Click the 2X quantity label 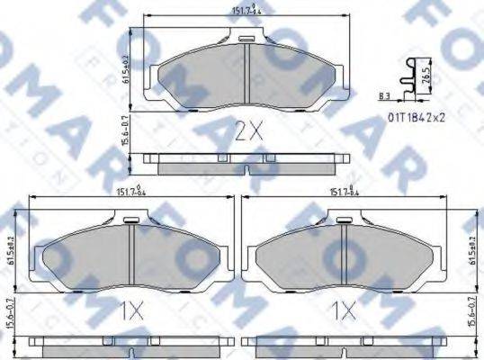click(x=247, y=133)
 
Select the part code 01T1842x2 click(x=417, y=116)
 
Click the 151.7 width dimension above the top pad click(x=246, y=12)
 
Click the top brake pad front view click(x=246, y=74)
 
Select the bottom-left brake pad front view click(x=131, y=253)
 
